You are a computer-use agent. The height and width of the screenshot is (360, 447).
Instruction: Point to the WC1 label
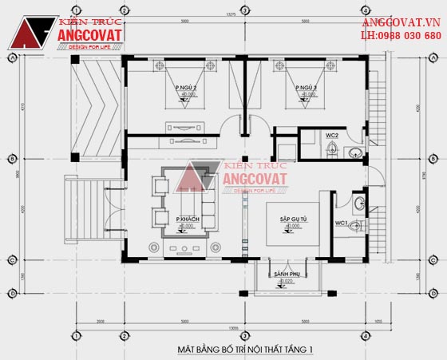tap(341, 222)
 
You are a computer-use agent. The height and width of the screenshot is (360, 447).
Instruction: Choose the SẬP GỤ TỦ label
tap(295, 219)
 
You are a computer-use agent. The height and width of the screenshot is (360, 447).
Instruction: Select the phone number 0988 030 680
tap(408, 36)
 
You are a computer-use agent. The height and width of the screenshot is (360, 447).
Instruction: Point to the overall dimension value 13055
tap(231, 327)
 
